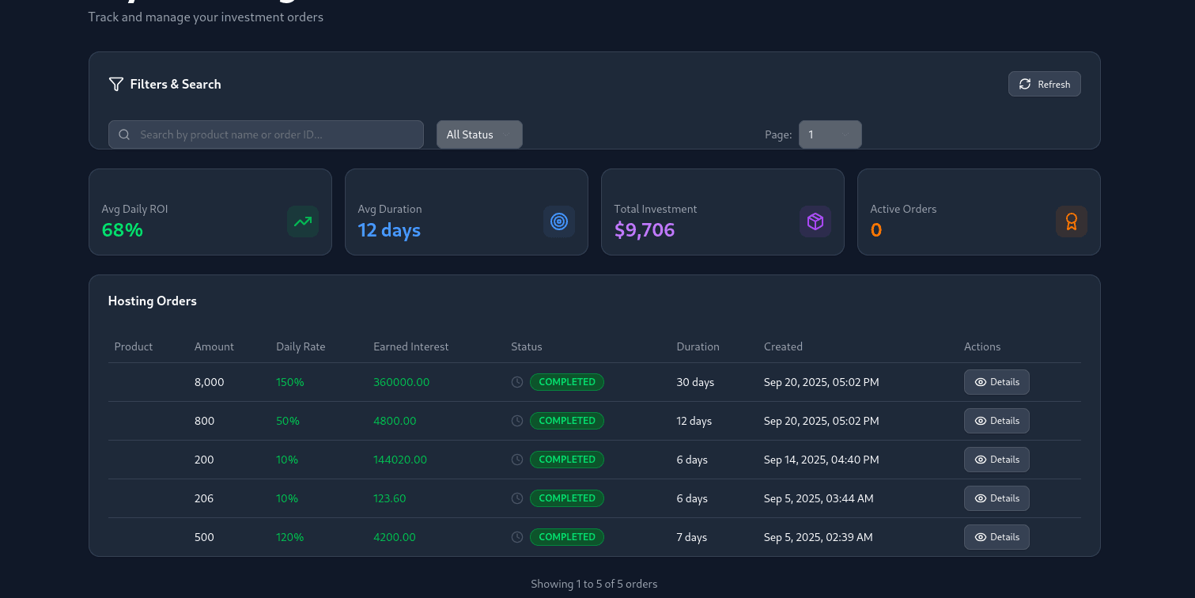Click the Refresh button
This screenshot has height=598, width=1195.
pos(1044,85)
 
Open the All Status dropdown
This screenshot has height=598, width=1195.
pos(479,134)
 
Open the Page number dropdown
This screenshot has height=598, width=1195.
pos(830,134)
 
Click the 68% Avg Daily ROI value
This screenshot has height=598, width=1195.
pos(123,230)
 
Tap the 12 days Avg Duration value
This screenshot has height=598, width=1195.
pos(389,230)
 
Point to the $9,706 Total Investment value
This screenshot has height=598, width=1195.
pos(645,230)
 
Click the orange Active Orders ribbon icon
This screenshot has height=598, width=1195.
pos(1071,221)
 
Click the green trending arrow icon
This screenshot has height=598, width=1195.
pos(303,221)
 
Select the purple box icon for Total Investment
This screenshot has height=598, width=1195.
pos(815,221)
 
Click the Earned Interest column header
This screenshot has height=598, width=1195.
pos(410,346)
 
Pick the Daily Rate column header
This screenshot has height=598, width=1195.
pos(301,346)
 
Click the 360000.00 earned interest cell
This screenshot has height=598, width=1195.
pos(401,382)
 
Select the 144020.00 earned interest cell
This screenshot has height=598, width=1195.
pos(400,460)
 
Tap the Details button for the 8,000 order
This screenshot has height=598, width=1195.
pos(996,382)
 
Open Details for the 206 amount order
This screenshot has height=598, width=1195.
pos(996,498)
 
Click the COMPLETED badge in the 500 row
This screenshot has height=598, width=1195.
pos(566,537)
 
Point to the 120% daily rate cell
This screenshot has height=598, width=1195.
pos(289,537)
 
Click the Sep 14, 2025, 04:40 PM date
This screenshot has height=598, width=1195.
pos(821,460)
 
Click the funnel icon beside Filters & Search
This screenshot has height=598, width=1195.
pos(116,84)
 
